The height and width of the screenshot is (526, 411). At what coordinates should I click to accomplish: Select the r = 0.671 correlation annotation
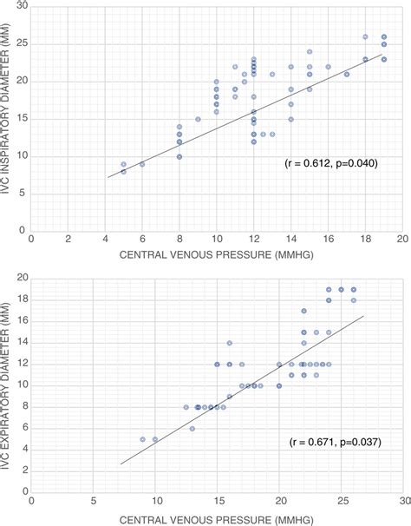click(x=334, y=442)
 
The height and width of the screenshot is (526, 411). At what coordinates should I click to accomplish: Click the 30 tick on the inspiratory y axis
click(x=20, y=7)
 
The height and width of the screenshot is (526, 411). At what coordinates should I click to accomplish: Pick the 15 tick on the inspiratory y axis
click(x=20, y=118)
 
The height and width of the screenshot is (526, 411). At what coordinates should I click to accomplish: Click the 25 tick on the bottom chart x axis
click(x=342, y=501)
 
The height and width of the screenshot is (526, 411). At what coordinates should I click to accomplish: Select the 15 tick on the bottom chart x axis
click(x=218, y=501)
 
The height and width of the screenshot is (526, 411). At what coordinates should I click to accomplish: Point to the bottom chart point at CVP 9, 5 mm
click(x=143, y=439)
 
